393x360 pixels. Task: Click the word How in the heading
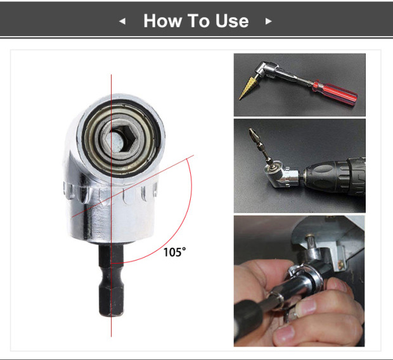pyautogui.click(x=164, y=21)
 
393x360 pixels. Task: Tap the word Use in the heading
pyautogui.click(x=232, y=21)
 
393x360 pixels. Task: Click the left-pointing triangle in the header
pyautogui.click(x=123, y=21)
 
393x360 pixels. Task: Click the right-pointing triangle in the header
pyautogui.click(x=268, y=21)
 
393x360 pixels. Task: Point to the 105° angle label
pyautogui.click(x=175, y=252)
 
